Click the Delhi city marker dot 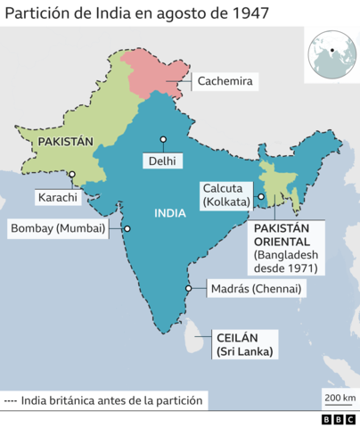(x=164, y=140)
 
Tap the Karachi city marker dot (x=72, y=175)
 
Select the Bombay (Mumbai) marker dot (x=127, y=228)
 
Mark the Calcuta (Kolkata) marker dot (x=261, y=197)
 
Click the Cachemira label (x=226, y=81)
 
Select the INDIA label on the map (x=170, y=213)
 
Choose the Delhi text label (x=162, y=161)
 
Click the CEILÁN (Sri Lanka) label (x=245, y=344)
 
